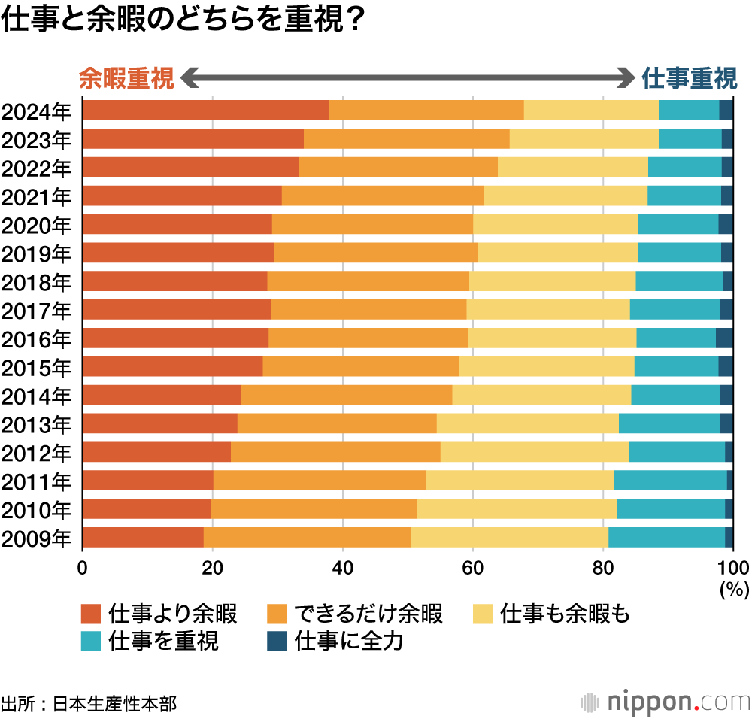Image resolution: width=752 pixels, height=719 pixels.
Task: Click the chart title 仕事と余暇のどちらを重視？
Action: click(x=184, y=20)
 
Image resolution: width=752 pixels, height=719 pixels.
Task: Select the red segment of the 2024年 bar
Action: click(x=205, y=110)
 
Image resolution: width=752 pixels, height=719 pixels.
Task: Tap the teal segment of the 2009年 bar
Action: click(x=666, y=538)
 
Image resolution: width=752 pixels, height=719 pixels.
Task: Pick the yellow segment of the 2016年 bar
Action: click(x=552, y=338)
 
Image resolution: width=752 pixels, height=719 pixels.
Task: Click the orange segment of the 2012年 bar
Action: click(x=335, y=452)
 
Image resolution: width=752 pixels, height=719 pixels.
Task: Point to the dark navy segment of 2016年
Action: click(x=723, y=338)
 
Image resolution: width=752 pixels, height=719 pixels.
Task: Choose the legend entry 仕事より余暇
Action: click(x=159, y=614)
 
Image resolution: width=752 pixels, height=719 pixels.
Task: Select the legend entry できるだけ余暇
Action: click(x=355, y=614)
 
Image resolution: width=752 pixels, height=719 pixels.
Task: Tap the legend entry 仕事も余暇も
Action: click(x=551, y=614)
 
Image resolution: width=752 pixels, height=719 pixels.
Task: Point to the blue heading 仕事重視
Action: click(x=689, y=78)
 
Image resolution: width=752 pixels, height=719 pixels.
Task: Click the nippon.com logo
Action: click(x=666, y=702)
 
